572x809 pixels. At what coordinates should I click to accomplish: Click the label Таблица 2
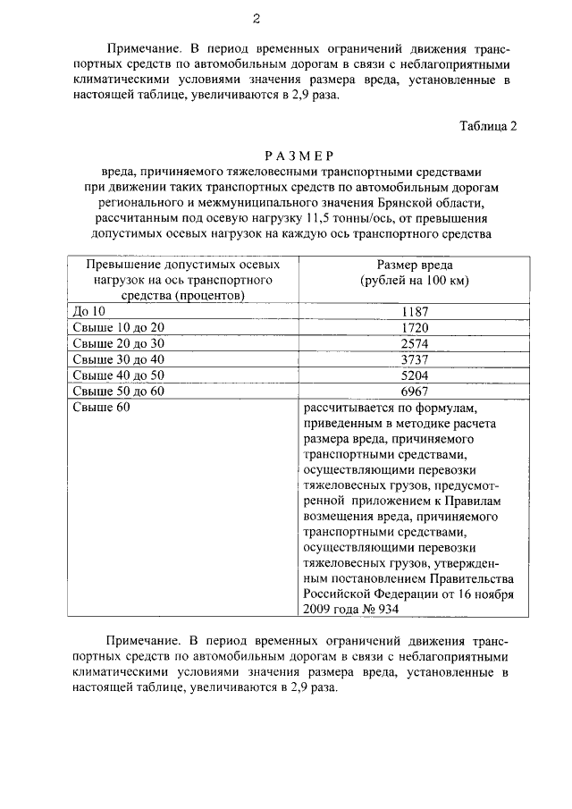[488, 125]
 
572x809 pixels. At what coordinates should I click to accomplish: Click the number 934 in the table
[387, 609]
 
